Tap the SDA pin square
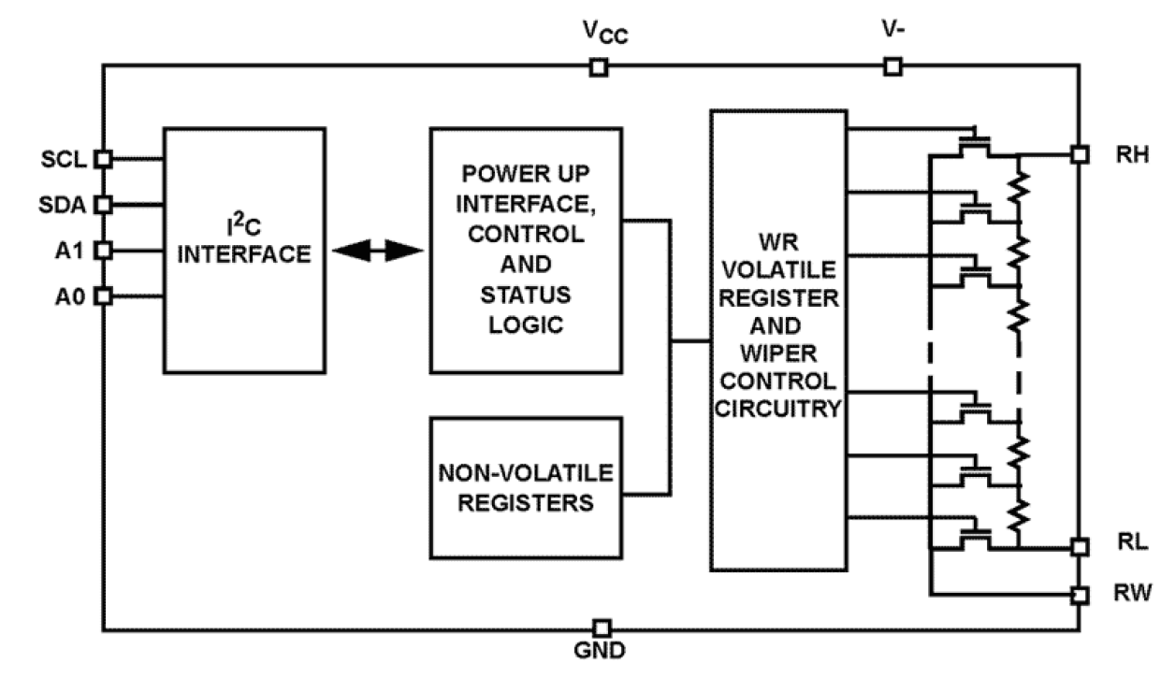[104, 204]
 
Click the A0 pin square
[104, 296]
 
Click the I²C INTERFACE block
[244, 250]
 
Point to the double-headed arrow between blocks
[378, 250]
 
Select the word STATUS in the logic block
[525, 296]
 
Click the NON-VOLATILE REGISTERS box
[525, 487]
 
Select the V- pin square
[892, 66]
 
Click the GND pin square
[603, 628]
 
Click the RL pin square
[1080, 547]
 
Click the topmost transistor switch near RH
[975, 141]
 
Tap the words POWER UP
[525, 174]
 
